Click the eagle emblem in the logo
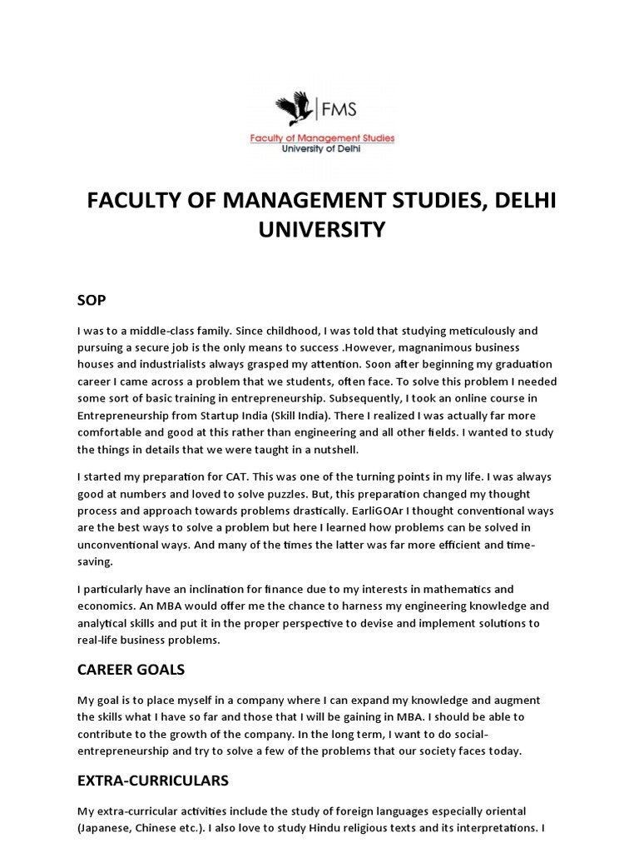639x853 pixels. point(295,110)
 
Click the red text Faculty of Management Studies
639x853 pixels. point(323,137)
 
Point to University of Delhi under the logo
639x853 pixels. point(322,148)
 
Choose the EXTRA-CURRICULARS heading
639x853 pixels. point(153,781)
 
